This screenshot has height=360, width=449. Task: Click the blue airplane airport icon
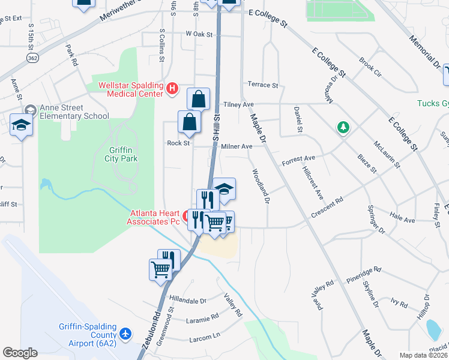(125, 334)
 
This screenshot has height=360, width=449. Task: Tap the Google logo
(20, 352)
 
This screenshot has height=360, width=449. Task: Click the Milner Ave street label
(237, 146)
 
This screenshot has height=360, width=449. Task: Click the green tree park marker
(343, 127)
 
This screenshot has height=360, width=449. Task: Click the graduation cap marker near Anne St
(21, 125)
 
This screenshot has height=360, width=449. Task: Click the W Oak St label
(200, 34)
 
